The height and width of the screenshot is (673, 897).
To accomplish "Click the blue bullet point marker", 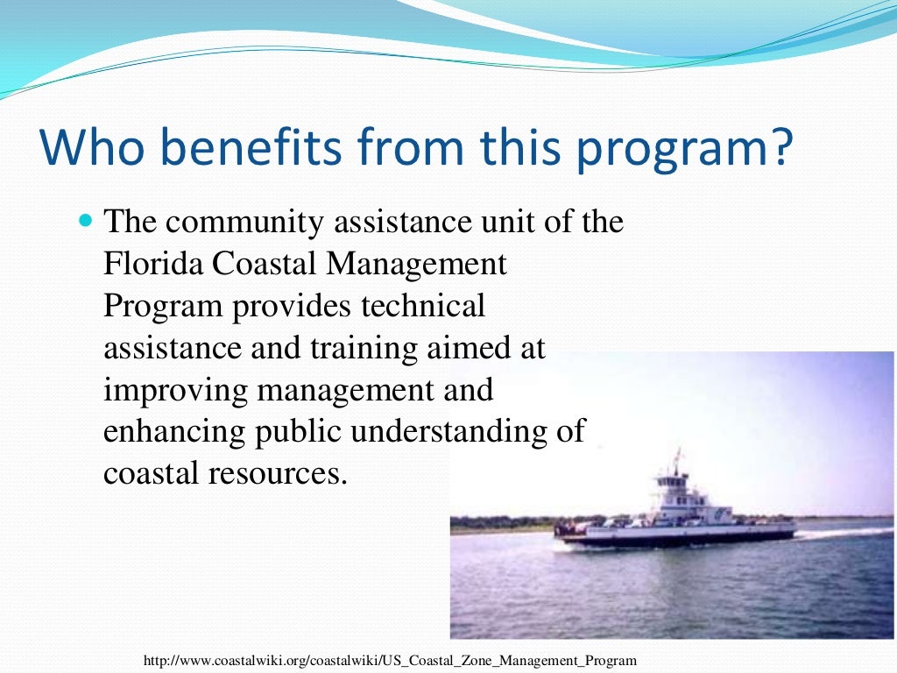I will point(85,222).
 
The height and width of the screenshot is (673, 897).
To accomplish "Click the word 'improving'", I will point(174,390).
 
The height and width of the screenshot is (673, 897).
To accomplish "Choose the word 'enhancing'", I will point(174,432).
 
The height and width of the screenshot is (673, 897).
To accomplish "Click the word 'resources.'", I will point(277,473).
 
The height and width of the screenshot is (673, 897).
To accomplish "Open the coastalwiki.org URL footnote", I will point(390,660).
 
